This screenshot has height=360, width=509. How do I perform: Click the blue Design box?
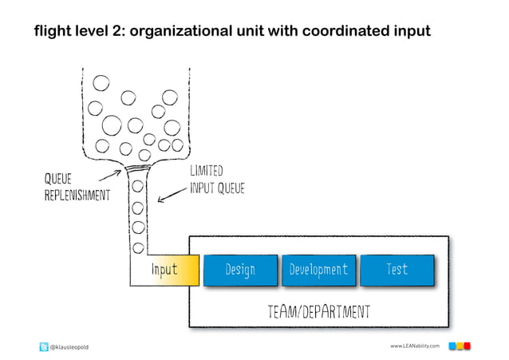(x=240, y=270)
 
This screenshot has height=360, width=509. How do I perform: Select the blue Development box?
(x=318, y=270)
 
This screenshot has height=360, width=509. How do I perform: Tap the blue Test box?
(x=397, y=270)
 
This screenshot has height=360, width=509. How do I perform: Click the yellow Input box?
(x=164, y=270)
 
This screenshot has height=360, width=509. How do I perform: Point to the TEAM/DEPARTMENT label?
(x=318, y=310)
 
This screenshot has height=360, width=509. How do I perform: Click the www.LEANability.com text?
(x=415, y=346)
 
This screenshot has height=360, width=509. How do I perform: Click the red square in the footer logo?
(x=468, y=346)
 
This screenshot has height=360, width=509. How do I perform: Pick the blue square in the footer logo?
(x=452, y=346)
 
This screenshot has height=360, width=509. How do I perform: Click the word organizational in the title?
(x=192, y=31)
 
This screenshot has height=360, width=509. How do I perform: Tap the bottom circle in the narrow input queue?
(x=138, y=247)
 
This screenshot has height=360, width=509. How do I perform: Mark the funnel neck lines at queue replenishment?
(x=138, y=169)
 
